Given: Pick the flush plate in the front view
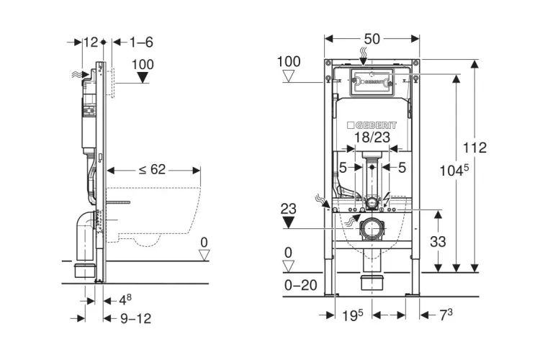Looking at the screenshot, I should click(x=372, y=83).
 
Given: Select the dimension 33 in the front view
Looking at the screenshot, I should click(x=438, y=243).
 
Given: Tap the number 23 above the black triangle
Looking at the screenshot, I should click(x=288, y=209).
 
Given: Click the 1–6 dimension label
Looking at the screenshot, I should click(x=142, y=43).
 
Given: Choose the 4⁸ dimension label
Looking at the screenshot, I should click(x=125, y=297).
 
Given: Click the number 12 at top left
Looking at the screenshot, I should click(x=90, y=43).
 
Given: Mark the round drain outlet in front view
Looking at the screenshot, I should click(x=373, y=230).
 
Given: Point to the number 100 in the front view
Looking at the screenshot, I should click(x=288, y=62).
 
